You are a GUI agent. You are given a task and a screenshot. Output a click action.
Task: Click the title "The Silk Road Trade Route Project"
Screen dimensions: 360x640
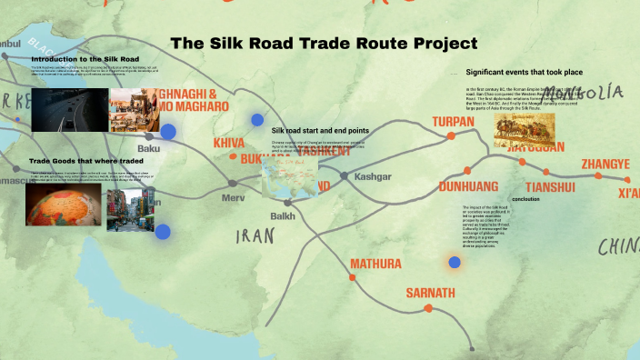[x=324, y=43]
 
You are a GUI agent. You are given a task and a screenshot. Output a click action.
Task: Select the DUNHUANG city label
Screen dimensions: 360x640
[x=468, y=186]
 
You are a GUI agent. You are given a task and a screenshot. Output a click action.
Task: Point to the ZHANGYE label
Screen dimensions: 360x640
[x=605, y=164]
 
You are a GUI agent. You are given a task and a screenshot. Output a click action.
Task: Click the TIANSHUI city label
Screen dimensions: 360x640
[x=550, y=187]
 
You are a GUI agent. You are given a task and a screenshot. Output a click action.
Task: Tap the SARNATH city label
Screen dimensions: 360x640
[x=430, y=294]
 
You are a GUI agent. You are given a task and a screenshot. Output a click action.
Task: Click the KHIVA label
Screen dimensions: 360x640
[x=229, y=144]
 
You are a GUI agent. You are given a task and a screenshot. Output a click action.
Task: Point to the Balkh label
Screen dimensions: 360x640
[x=283, y=215]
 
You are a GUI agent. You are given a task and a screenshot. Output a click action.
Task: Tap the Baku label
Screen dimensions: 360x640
[x=148, y=148]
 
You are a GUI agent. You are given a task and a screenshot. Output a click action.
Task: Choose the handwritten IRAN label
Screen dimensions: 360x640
[x=255, y=236]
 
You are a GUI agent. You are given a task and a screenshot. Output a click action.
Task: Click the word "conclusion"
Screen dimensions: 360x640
[x=525, y=198]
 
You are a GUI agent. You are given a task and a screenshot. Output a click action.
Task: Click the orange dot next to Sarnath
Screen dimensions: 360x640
[x=427, y=309]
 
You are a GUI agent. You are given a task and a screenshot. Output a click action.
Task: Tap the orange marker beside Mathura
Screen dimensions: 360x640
[x=352, y=275]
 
